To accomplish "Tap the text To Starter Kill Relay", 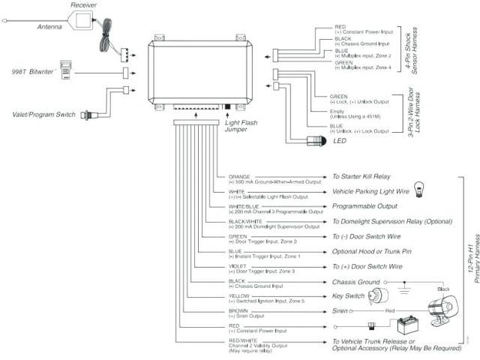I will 361,177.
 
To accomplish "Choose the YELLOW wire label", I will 238,295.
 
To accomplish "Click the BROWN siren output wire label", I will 237,310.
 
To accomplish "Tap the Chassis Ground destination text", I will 356,282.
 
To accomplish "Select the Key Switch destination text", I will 349,296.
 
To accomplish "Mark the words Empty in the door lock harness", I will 337,111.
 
